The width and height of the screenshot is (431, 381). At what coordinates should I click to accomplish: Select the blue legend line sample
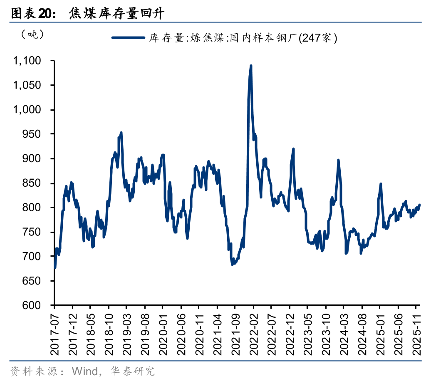pyautogui.click(x=128, y=38)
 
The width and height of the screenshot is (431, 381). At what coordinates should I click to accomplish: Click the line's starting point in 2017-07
pyautogui.click(x=55, y=267)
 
